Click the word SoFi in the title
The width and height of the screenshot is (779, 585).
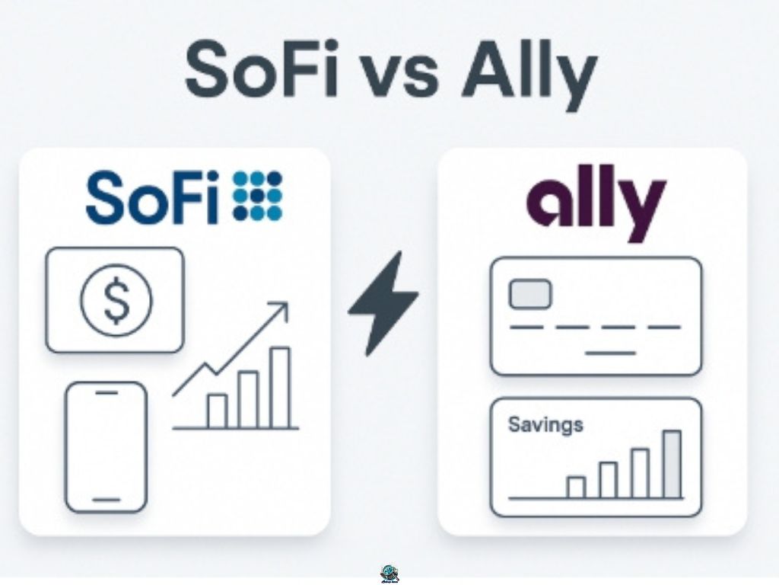pyautogui.click(x=262, y=69)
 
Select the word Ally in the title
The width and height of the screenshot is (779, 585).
pyautogui.click(x=528, y=75)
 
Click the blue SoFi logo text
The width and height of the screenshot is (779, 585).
pyautogui.click(x=152, y=197)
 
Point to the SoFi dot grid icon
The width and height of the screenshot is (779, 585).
pyautogui.click(x=258, y=196)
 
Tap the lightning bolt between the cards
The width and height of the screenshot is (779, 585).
pyautogui.click(x=383, y=303)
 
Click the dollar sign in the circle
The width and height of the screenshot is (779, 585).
pyautogui.click(x=116, y=300)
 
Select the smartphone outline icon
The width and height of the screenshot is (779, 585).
pyautogui.click(x=107, y=446)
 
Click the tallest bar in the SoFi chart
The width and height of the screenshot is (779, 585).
pyautogui.click(x=280, y=388)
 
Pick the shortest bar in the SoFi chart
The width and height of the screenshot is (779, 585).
pyautogui.click(x=217, y=411)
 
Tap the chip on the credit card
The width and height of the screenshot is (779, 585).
pyautogui.click(x=530, y=294)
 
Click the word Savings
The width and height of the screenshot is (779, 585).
pyautogui.click(x=545, y=425)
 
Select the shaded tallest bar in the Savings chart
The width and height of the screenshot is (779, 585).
pyautogui.click(x=672, y=464)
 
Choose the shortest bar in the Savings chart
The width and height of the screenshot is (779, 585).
pyautogui.click(x=577, y=487)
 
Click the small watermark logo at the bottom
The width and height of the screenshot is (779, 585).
pyautogui.click(x=389, y=573)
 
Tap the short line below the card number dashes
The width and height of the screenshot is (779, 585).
pyautogui.click(x=611, y=353)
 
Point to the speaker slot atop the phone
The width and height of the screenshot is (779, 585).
pyautogui.click(x=107, y=392)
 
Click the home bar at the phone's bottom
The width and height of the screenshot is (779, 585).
pyautogui.click(x=107, y=500)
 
